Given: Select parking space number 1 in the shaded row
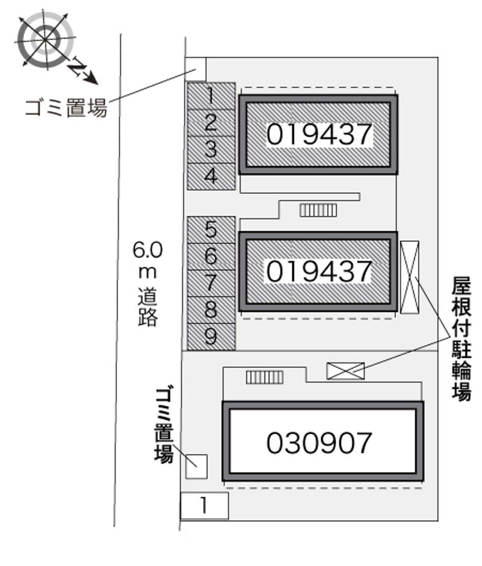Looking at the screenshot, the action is coord(210,95).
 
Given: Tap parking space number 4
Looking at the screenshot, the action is coord(210,176).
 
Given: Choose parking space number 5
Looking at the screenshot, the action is coord(210,229).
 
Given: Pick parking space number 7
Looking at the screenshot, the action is coord(210,282).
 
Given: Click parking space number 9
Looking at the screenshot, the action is coord(210,337).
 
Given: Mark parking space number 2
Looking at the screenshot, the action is coord(210,122).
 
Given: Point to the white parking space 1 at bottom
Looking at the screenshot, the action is coord(204,505).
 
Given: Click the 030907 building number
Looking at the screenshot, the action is coord(319,444).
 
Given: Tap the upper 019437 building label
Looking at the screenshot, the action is coord(319,134).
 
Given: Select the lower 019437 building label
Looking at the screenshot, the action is coord(319,271).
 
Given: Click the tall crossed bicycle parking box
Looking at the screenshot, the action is coord(409,277).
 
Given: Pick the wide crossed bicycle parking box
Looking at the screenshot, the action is coord(345,371).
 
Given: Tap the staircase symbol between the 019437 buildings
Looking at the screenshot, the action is coord(319,210).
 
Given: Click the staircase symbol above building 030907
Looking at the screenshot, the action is coord(264,377).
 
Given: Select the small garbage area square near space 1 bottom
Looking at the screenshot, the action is coord(196,466).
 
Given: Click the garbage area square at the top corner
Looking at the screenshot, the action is coord(195,69).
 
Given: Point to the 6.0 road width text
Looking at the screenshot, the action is coord(148,248).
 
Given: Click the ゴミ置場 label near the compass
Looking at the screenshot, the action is coord(66,108).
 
